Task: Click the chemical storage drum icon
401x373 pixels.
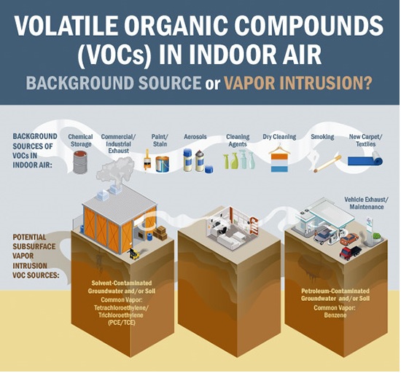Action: coord(80,162)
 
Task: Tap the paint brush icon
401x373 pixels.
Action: coord(147,160)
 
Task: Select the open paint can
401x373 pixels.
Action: coord(162,164)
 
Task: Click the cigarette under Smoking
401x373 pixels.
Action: coord(328,163)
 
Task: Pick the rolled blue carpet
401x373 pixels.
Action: coord(366,159)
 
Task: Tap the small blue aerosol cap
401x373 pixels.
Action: coord(209,169)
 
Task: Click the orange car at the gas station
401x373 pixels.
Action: coord(349,239)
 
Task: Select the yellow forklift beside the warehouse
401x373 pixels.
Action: coord(134,254)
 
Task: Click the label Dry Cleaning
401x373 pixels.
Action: coord(279,137)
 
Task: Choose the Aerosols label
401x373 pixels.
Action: coord(195,137)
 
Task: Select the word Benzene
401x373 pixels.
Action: coord(335,315)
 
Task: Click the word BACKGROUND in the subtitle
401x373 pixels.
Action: coord(80,82)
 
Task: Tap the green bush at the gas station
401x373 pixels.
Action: coord(376,236)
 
